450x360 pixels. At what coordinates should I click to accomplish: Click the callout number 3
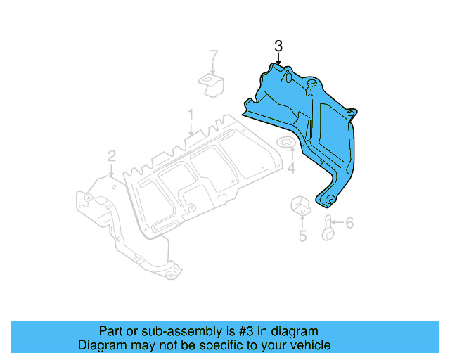pyautogui.click(x=278, y=46)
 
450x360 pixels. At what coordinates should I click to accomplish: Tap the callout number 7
pyautogui.click(x=214, y=55)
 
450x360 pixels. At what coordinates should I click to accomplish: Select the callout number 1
pyautogui.click(x=190, y=113)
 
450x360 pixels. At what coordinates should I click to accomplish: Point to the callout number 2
pyautogui.click(x=111, y=155)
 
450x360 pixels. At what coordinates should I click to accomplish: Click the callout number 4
pyautogui.click(x=291, y=169)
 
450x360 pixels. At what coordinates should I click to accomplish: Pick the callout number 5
pyautogui.click(x=302, y=236)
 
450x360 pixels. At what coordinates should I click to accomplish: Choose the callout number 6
pyautogui.click(x=349, y=224)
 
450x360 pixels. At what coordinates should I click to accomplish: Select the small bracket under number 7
pyautogui.click(x=210, y=84)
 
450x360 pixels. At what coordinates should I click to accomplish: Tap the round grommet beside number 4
pyautogui.click(x=288, y=146)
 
